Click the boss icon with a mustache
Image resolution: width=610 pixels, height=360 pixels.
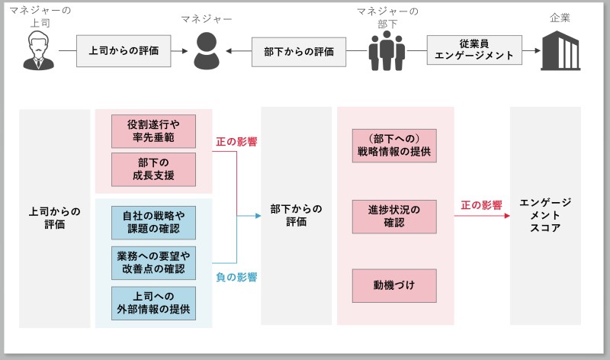click(38, 50)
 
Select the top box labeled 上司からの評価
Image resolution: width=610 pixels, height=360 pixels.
click(124, 51)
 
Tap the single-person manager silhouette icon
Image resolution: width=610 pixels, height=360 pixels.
click(207, 51)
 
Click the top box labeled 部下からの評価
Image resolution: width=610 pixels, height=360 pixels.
click(299, 52)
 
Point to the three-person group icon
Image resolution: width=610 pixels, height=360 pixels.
click(387, 50)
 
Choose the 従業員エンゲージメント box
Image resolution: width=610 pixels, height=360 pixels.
click(474, 50)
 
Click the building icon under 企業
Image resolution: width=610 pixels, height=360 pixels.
click(560, 50)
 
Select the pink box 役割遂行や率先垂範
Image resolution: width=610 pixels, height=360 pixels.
click(154, 131)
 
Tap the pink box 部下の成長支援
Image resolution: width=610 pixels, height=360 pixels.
click(154, 169)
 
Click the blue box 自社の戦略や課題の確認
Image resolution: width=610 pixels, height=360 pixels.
click(154, 223)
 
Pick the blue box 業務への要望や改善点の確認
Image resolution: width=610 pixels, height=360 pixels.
click(154, 262)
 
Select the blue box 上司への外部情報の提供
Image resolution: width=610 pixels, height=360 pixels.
click(154, 304)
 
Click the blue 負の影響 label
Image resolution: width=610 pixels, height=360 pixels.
click(236, 277)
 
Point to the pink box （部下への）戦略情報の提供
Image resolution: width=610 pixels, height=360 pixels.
click(394, 146)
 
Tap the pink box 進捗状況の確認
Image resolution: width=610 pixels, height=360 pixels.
click(394, 217)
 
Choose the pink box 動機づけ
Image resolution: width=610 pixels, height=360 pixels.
click(394, 286)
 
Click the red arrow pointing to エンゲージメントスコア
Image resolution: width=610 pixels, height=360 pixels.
click(482, 216)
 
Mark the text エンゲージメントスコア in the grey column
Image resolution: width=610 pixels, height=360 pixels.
click(545, 215)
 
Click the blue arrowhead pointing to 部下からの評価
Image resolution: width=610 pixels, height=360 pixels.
click(258, 216)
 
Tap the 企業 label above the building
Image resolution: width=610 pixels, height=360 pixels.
click(560, 18)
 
